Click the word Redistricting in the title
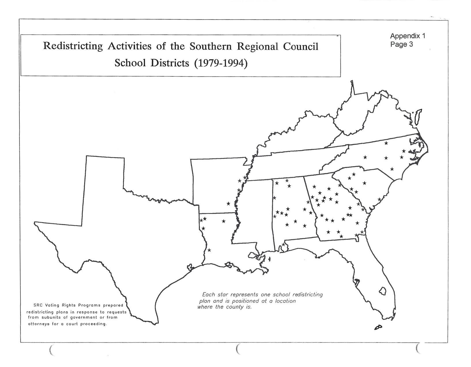point(73,46)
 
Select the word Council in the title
point(300,46)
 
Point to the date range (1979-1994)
point(221,63)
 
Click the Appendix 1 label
point(408,36)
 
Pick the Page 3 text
point(402,44)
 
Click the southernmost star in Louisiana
point(209,250)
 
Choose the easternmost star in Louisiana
point(224,221)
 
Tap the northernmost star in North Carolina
point(386,143)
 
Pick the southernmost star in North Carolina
point(392,169)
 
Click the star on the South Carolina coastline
point(379,199)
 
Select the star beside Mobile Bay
point(284,244)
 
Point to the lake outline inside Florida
point(383,291)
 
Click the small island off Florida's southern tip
point(378,327)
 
